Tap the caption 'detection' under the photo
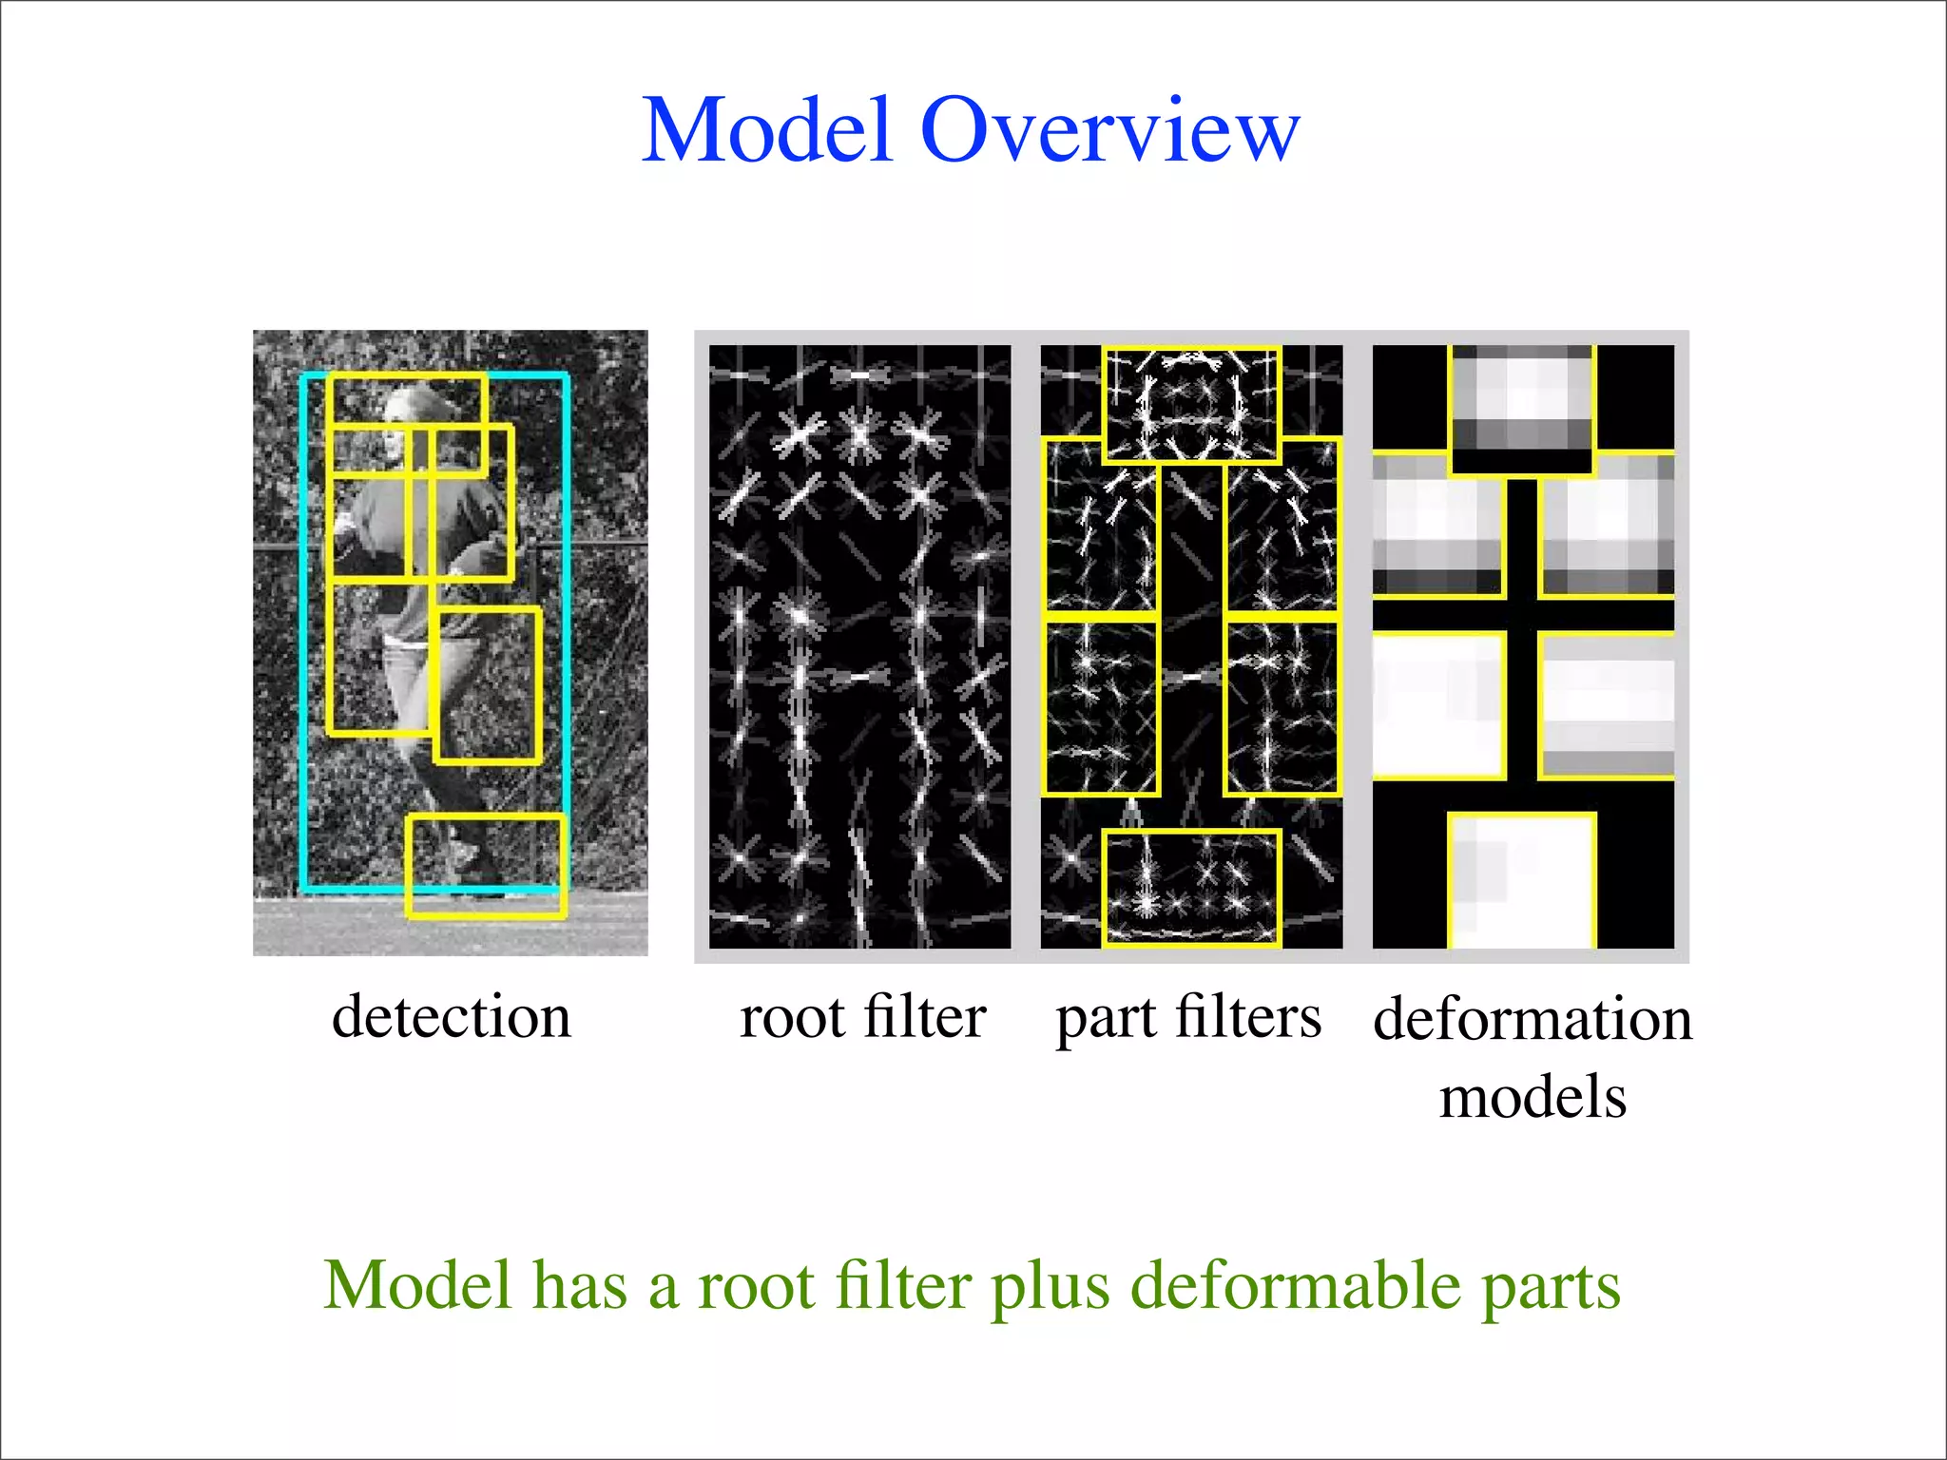[x=452, y=1017]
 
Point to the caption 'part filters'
[x=1188, y=1019]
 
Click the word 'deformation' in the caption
[x=1533, y=1019]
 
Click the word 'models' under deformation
[x=1533, y=1097]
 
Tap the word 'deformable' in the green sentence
[x=1295, y=1285]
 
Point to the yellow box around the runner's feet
[x=487, y=865]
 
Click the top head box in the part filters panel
[x=1191, y=404]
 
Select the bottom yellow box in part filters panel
[x=1191, y=888]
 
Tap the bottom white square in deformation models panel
[x=1521, y=880]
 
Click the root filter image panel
[x=859, y=646]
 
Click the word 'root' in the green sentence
[x=756, y=1285]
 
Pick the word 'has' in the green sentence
[x=579, y=1285]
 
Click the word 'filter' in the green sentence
[x=902, y=1285]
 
